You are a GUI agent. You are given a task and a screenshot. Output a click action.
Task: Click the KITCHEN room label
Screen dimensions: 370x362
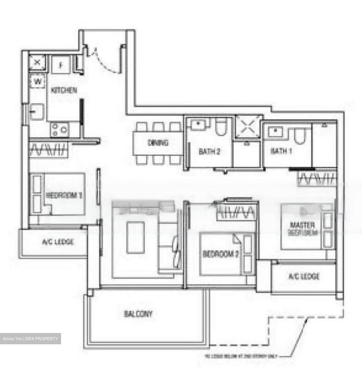(64, 90)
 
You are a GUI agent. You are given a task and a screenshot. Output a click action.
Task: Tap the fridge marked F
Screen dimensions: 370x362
(61, 65)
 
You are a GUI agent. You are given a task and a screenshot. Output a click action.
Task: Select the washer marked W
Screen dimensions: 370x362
(38, 82)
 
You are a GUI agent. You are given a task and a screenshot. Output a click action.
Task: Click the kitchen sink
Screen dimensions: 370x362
(37, 112)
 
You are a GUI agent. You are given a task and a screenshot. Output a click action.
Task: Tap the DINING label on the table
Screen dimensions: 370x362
(158, 143)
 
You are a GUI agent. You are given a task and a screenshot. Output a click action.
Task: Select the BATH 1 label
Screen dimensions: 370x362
(281, 151)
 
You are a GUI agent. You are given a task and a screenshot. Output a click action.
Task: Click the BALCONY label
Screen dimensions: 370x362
(138, 314)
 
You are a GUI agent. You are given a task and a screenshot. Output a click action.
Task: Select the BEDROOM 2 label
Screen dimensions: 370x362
(221, 254)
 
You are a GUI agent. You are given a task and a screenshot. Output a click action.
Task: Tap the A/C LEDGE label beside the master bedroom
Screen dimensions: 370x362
(304, 276)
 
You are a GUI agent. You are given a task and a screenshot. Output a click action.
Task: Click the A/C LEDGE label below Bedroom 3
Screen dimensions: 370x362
(58, 242)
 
